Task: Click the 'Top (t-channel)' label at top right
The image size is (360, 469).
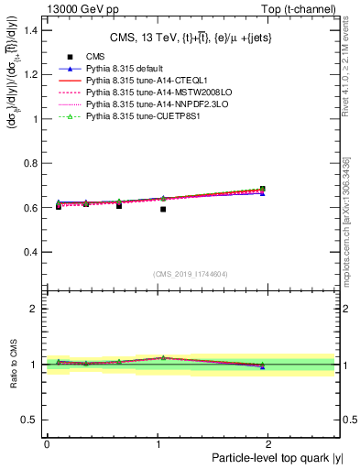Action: coord(301,7)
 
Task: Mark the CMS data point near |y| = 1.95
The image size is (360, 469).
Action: coord(263,189)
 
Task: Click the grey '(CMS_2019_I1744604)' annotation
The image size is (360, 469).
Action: coord(191,274)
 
